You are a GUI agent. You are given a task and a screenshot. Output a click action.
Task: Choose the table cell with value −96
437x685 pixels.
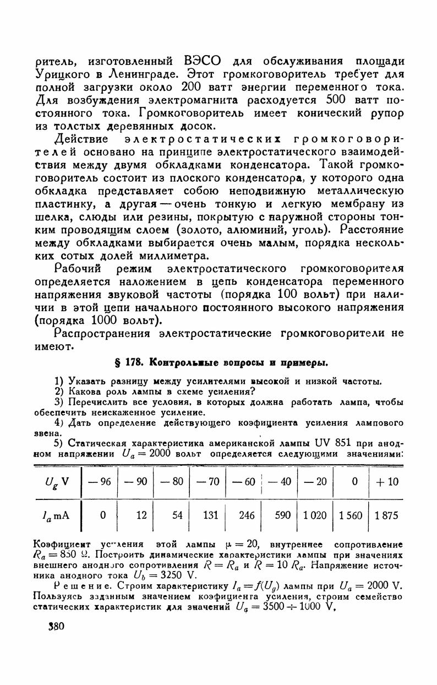[x=99, y=482]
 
